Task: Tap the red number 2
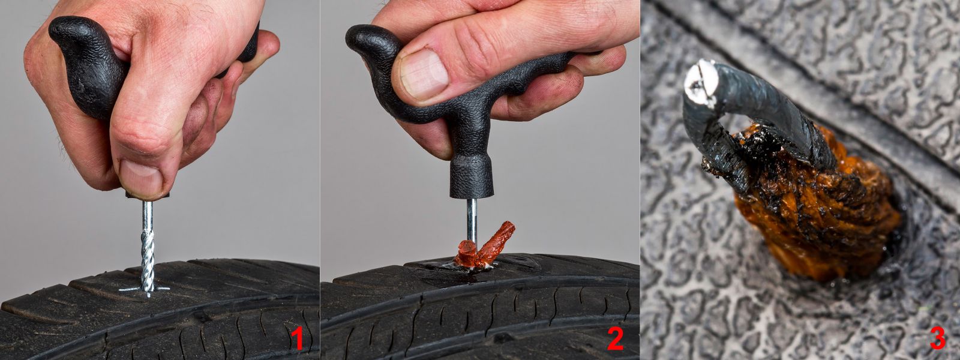coord(615,339)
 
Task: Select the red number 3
coord(937,339)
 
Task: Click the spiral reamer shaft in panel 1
coord(148,248)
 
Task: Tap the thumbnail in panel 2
coord(424,74)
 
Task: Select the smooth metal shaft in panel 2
coord(472,221)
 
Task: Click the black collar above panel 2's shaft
coord(472,176)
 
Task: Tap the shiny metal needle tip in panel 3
coord(701,82)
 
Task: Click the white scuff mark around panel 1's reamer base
coord(145,290)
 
